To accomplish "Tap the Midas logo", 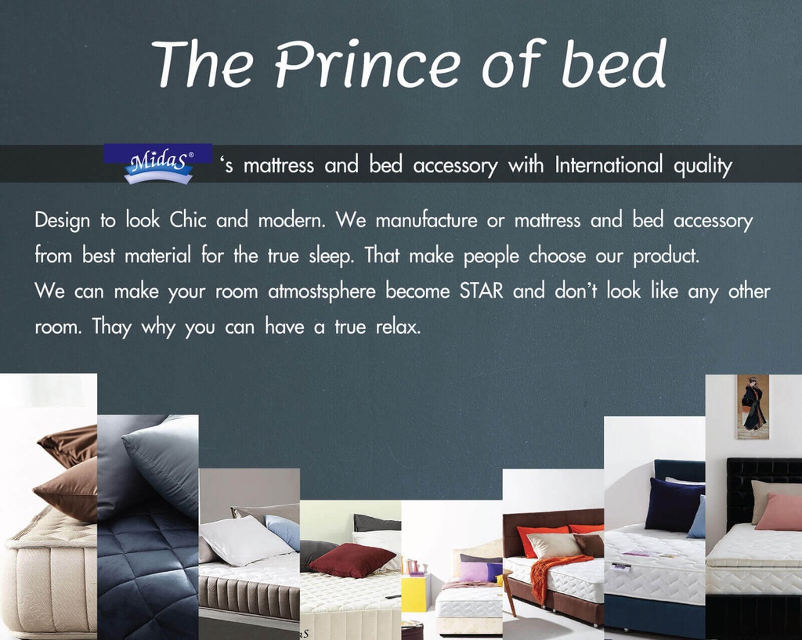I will tap(158, 164).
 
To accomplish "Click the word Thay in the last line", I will tap(113, 327).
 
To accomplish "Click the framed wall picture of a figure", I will tap(753, 405).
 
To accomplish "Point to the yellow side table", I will tap(413, 593).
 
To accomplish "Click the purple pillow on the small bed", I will tap(474, 572).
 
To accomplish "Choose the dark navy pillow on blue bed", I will tap(673, 504).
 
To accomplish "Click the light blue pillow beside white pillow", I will tap(284, 530).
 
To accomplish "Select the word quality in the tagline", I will tap(702, 166).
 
